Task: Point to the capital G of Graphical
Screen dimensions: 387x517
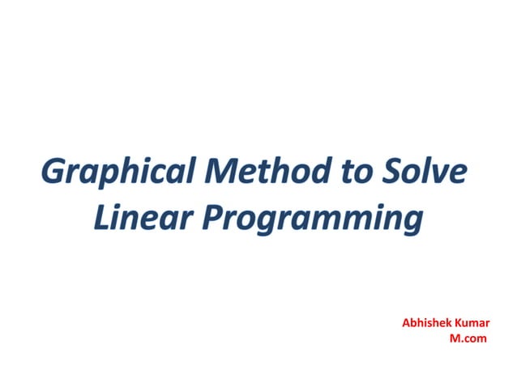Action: tap(53, 172)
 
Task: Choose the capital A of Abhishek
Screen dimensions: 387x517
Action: tap(406, 323)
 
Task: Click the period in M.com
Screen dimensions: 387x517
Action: tap(461, 340)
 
